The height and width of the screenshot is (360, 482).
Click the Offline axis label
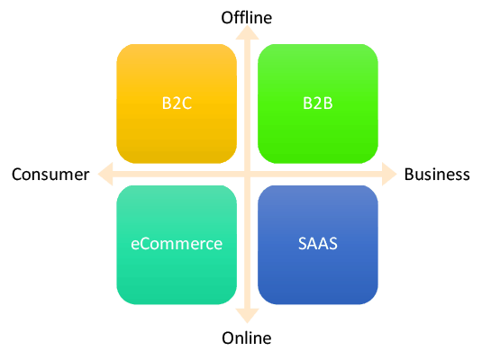(247, 17)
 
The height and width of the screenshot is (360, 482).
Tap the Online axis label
(247, 337)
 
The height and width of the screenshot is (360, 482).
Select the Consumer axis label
(50, 175)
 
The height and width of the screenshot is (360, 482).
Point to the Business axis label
(437, 175)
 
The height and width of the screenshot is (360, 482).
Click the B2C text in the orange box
(177, 103)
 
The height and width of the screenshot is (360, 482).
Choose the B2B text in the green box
(317, 103)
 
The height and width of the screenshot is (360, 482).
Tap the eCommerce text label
(177, 244)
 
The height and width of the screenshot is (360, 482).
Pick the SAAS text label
(318, 244)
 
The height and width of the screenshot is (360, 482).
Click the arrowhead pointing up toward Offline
(247, 32)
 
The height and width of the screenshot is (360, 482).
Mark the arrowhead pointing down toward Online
(247, 316)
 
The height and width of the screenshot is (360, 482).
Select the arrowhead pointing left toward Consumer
(105, 175)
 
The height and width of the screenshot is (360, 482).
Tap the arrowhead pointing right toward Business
(389, 175)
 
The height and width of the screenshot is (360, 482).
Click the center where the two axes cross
(247, 175)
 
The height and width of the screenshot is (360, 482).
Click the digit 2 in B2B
(318, 103)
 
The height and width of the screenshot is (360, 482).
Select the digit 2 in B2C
(177, 103)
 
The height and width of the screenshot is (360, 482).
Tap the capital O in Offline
(227, 18)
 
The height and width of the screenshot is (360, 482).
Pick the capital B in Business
(409, 175)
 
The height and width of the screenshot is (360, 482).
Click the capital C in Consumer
(17, 175)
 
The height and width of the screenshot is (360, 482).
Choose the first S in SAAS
(303, 244)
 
